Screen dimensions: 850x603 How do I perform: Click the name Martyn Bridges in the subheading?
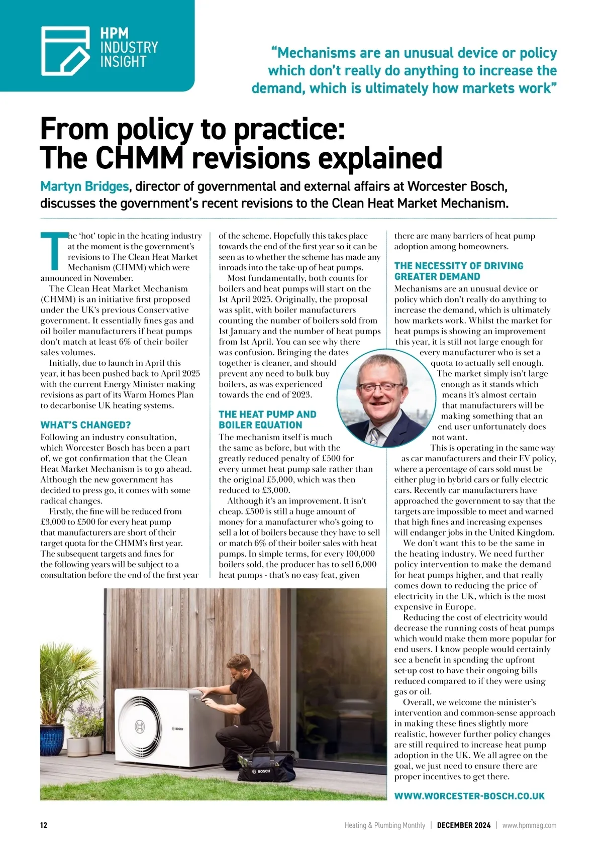[84, 186]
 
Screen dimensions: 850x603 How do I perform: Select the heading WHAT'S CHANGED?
[85, 425]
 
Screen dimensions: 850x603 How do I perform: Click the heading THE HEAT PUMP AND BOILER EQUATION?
[267, 419]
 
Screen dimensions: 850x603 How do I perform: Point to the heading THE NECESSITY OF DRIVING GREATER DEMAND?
[458, 271]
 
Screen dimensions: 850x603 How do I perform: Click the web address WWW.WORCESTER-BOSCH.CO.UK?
[469, 796]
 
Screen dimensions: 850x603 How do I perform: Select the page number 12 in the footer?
[44, 825]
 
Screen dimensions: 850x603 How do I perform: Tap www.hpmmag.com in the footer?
[529, 825]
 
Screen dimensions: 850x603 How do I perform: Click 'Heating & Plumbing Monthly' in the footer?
[384, 825]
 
